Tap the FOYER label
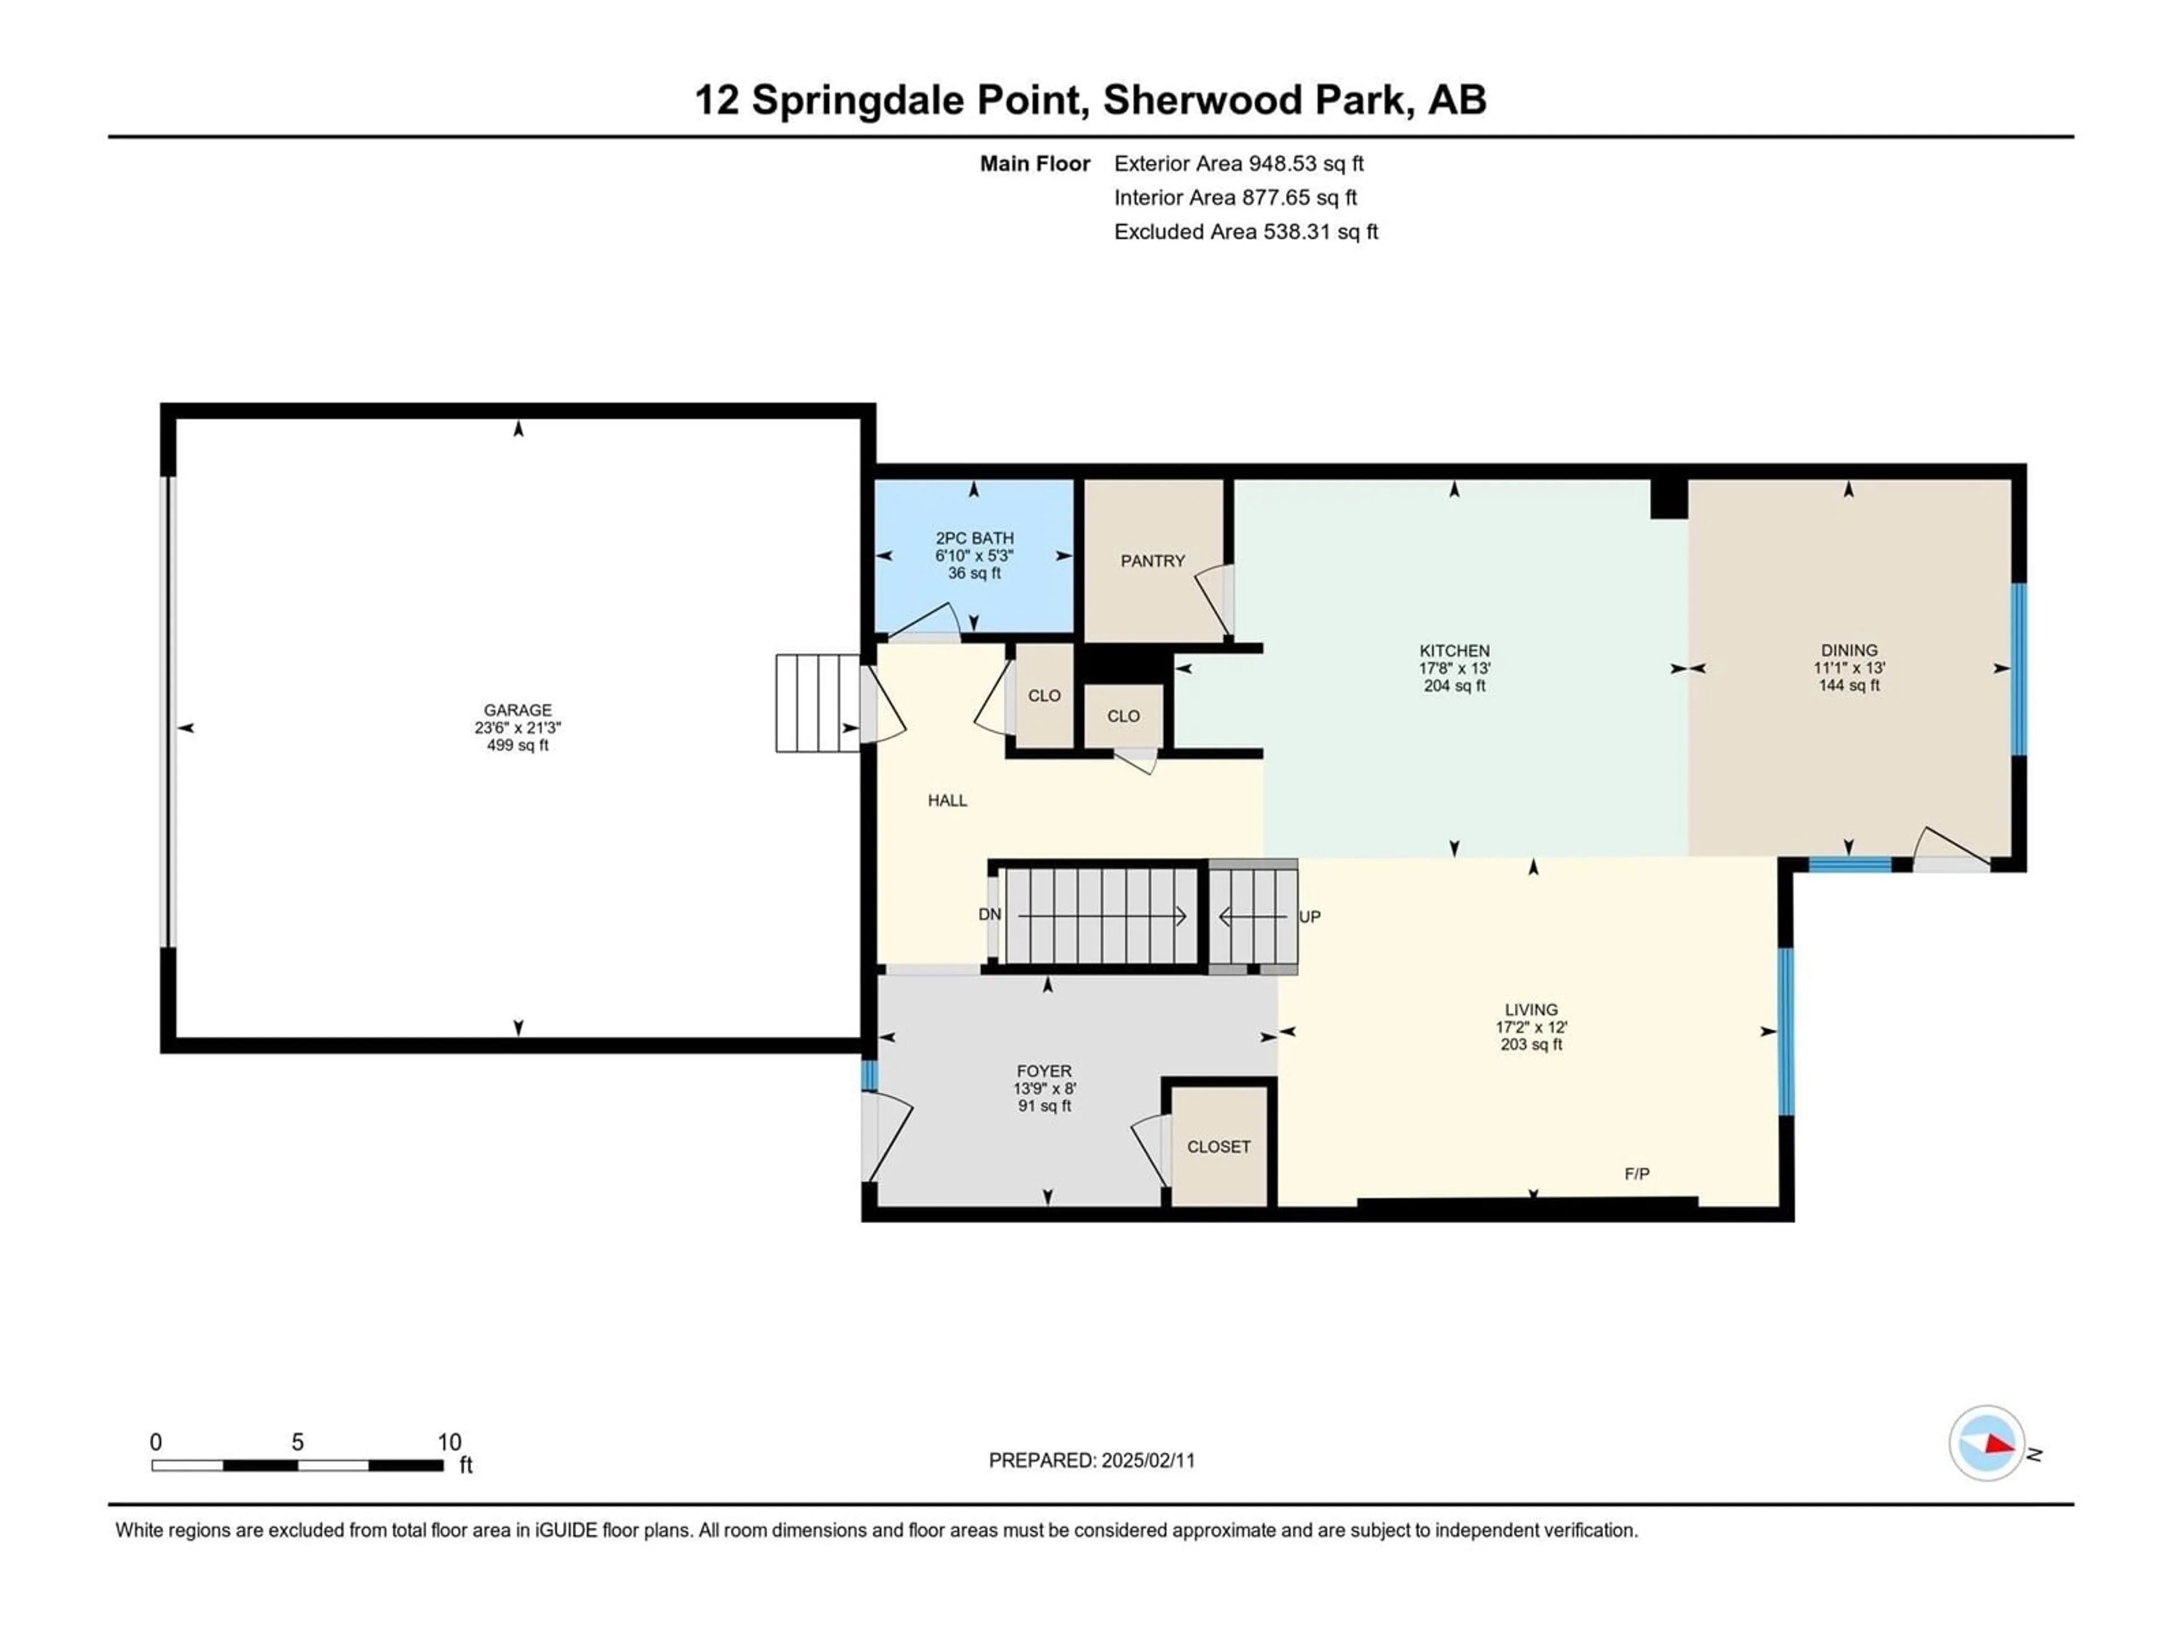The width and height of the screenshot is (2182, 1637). point(1044,1071)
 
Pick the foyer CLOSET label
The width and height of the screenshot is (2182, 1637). point(1218,1146)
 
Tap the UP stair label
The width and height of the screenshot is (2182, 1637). point(1309,917)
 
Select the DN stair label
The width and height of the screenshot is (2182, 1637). point(989,915)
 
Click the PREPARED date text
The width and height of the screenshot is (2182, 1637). point(1092,1460)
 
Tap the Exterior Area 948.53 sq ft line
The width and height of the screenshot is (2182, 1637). point(1239,164)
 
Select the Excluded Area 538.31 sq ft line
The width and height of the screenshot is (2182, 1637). point(1246,232)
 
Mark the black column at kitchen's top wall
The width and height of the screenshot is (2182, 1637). point(1669,499)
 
